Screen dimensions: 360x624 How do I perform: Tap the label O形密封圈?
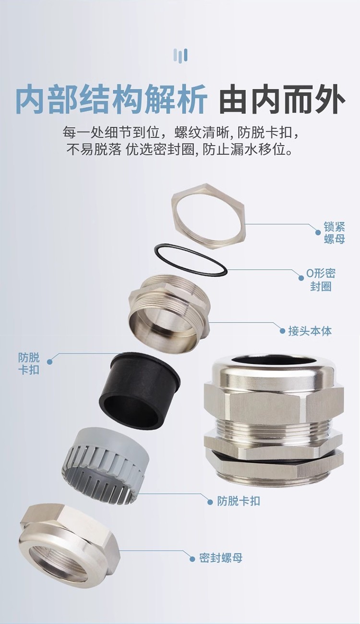[321, 279]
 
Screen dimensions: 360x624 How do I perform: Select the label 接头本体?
[310, 331]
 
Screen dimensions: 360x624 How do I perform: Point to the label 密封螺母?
[221, 558]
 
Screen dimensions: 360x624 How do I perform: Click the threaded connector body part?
[169, 308]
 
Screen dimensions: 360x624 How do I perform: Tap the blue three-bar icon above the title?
[180, 55]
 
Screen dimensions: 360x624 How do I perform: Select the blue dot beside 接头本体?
[282, 331]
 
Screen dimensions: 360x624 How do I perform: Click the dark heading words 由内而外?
[282, 99]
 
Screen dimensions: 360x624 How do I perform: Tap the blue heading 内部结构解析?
[111, 99]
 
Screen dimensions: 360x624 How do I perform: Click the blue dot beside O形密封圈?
[300, 278]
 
